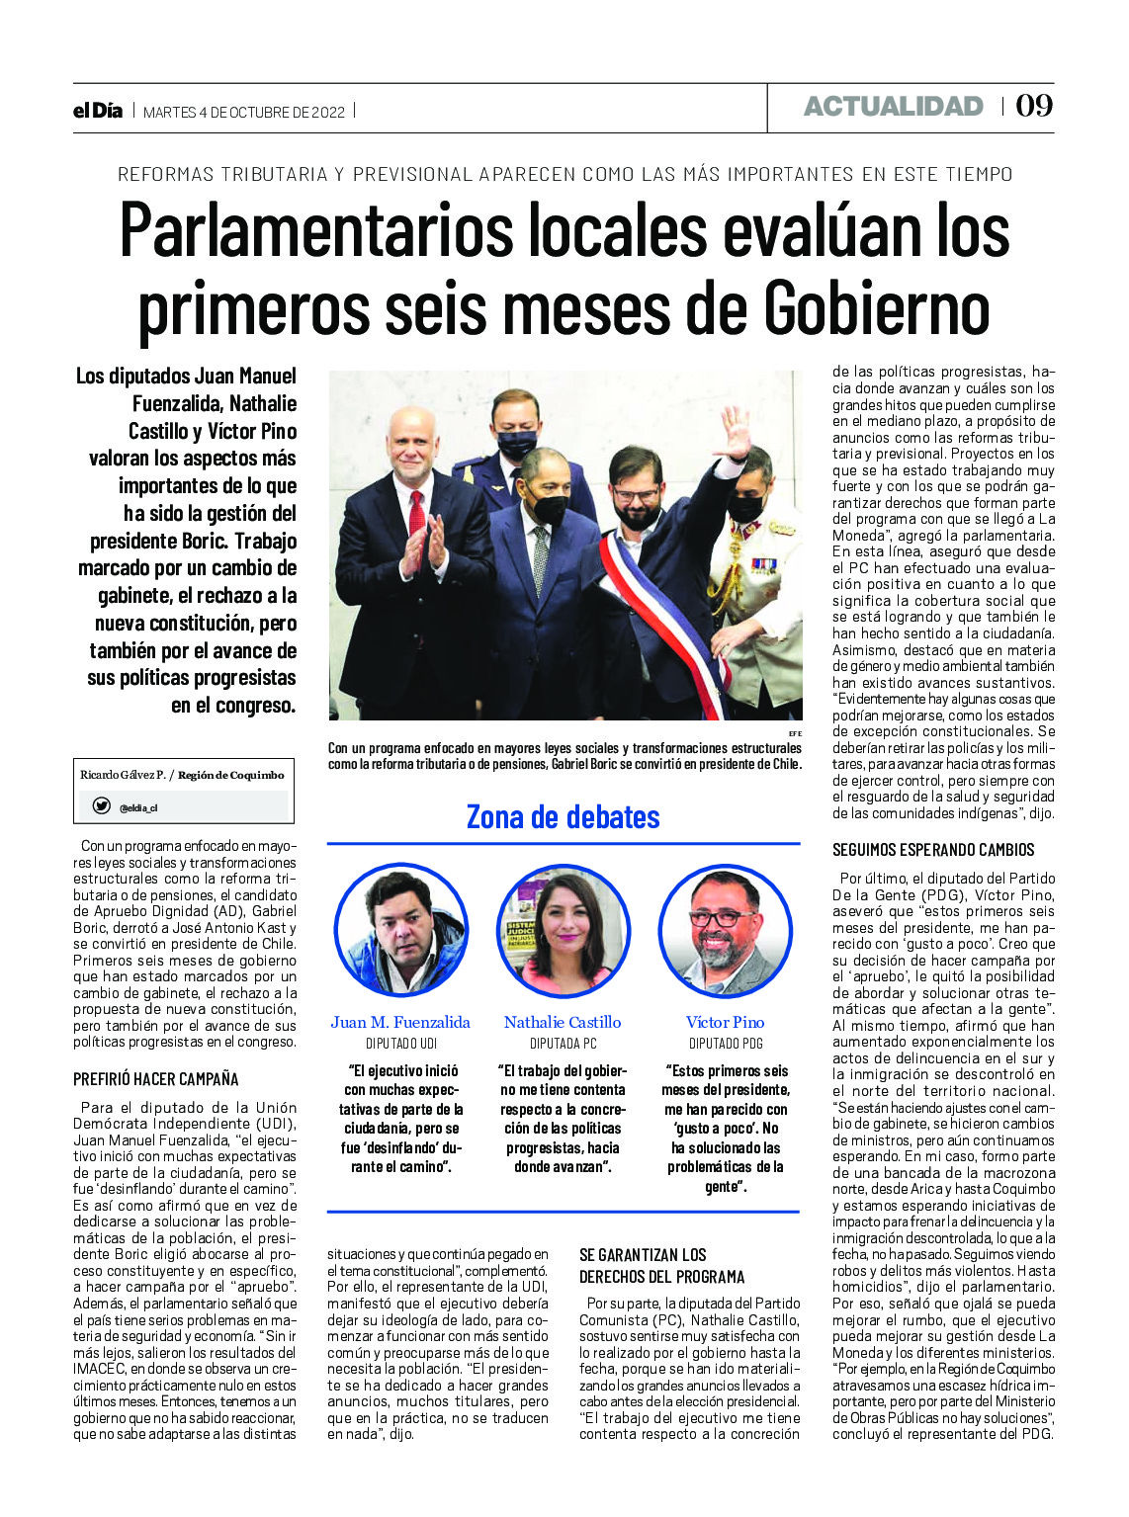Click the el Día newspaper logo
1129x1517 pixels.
point(98,111)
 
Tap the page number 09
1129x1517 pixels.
point(1034,106)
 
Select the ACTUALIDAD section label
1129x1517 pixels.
point(893,107)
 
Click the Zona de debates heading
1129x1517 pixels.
point(563,817)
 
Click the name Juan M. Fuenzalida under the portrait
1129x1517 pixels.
point(400,1022)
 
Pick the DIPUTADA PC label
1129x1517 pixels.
point(563,1044)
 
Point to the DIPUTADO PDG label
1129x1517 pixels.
point(726,1044)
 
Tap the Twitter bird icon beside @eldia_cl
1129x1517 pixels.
point(101,806)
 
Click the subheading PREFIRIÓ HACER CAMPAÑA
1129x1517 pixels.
point(156,1079)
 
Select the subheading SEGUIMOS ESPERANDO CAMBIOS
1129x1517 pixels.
point(933,850)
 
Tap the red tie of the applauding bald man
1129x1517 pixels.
point(417,514)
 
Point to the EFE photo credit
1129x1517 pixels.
point(795,733)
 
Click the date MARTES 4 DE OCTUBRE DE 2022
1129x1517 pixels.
point(244,113)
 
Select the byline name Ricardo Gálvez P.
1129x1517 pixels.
point(123,775)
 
